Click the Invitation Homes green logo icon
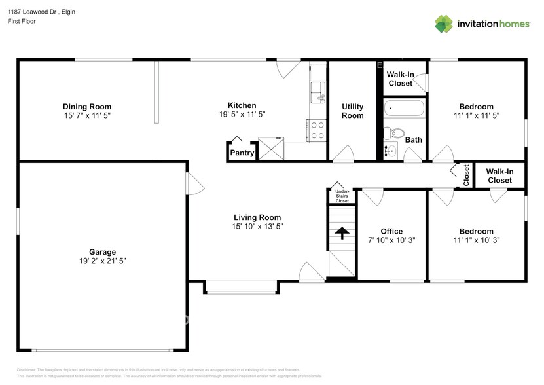click(444, 24)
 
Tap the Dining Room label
click(87, 107)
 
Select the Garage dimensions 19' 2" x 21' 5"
click(103, 261)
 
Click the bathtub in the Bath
click(404, 109)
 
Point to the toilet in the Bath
click(391, 133)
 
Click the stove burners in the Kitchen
click(317, 131)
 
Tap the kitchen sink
click(317, 90)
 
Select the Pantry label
click(242, 153)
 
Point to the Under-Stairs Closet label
click(338, 196)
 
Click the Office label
click(391, 231)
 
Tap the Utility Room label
click(352, 111)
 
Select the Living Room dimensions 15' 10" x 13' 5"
click(257, 227)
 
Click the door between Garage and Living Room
click(193, 183)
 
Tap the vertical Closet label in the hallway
click(466, 175)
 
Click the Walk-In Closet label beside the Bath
click(400, 79)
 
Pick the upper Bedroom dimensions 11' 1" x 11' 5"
click(476, 116)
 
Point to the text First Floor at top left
click(22, 22)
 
